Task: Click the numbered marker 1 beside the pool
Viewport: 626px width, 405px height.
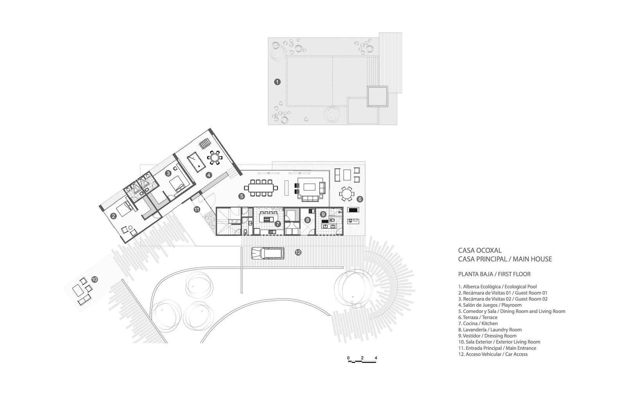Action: pos(277,82)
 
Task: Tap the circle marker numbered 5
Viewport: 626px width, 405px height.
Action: pos(241,196)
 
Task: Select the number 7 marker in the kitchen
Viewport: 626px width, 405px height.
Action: pos(277,223)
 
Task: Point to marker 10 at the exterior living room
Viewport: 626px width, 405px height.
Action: pos(94,279)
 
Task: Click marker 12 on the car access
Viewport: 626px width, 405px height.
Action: pos(298,252)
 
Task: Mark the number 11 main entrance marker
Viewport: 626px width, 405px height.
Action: pos(197,209)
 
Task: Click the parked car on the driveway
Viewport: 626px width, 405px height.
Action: pos(268,253)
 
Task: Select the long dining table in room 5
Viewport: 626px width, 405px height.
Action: pos(261,187)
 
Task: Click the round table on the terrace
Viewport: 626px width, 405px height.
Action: pos(346,194)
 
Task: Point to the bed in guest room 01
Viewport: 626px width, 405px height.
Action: pos(125,209)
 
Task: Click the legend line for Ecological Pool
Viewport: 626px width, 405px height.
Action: pos(497,286)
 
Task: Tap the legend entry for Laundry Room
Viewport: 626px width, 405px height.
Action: pos(490,329)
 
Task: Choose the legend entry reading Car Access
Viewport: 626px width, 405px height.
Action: pos(493,354)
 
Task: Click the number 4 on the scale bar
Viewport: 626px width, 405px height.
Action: pos(376,358)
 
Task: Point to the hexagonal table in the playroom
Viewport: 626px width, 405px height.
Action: pos(215,158)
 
